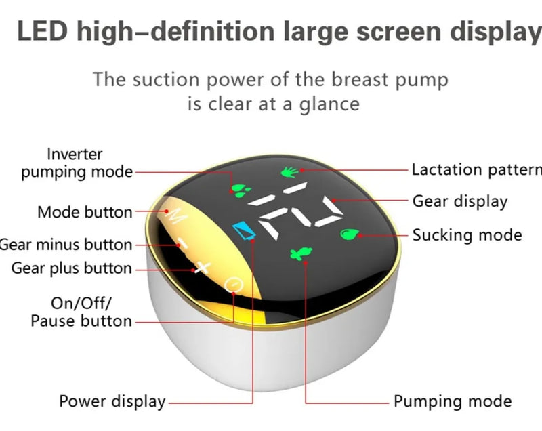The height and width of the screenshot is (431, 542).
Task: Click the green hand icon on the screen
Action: (289, 171)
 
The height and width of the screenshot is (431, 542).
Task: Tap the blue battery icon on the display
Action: (245, 230)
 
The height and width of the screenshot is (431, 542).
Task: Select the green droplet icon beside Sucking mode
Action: (350, 234)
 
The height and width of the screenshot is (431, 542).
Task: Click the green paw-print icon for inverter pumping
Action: (241, 190)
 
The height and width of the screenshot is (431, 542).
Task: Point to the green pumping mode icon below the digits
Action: (301, 254)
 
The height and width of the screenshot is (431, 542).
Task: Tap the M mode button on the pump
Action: (176, 215)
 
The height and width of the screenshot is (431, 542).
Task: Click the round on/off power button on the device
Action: (234, 285)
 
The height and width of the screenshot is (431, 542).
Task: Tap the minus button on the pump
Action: (182, 244)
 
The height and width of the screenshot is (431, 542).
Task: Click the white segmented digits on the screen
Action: (296, 211)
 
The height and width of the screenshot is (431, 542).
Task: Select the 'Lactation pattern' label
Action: (477, 170)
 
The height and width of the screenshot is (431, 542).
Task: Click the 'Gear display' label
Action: (460, 201)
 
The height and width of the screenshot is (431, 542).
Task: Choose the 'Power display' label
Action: (112, 402)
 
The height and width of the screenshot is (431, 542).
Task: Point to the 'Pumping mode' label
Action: (453, 402)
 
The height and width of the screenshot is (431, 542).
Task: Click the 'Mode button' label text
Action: (85, 212)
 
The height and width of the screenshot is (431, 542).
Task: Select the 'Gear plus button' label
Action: (72, 268)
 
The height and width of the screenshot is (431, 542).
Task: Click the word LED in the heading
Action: (42, 31)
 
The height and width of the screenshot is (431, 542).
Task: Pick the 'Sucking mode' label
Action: (467, 235)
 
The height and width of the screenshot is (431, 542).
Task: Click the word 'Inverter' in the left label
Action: (75, 154)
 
